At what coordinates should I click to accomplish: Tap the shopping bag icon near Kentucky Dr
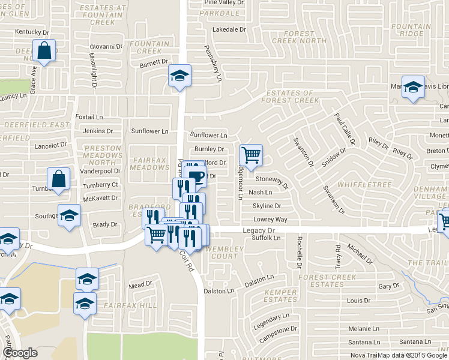tap(44, 52)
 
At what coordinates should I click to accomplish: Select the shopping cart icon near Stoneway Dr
tap(251, 155)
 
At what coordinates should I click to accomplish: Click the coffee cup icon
tap(197, 175)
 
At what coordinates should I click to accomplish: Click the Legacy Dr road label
tap(259, 230)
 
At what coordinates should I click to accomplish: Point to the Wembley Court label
tap(224, 252)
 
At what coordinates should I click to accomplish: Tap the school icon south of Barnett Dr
tap(179, 76)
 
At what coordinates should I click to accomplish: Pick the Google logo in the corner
tap(20, 353)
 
